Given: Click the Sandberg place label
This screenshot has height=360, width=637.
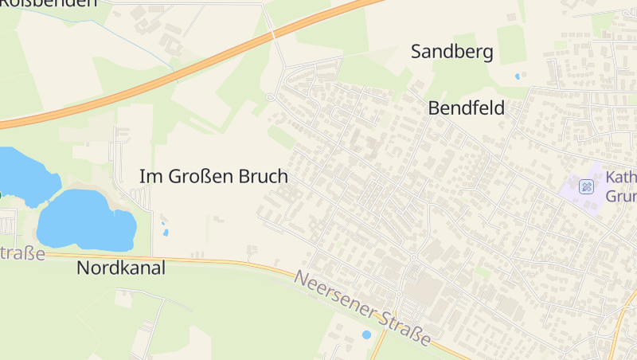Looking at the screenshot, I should point(451,53).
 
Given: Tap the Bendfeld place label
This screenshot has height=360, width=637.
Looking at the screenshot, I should point(467,108).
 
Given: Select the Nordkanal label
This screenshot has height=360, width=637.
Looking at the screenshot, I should point(121,268).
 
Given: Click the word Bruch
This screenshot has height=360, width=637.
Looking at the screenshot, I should point(263,177).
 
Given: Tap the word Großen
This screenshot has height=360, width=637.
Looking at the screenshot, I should point(201,177).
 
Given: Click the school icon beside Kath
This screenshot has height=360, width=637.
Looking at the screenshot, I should point(587,186).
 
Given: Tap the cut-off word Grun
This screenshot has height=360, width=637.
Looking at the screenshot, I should point(620,196).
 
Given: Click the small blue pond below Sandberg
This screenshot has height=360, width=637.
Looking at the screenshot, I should point(518,76).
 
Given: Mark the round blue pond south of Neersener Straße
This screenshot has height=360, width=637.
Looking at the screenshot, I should point(366,335).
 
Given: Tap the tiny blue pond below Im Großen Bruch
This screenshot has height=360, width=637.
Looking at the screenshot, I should point(166,233).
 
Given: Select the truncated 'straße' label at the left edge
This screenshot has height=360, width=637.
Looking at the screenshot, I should point(21,253).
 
